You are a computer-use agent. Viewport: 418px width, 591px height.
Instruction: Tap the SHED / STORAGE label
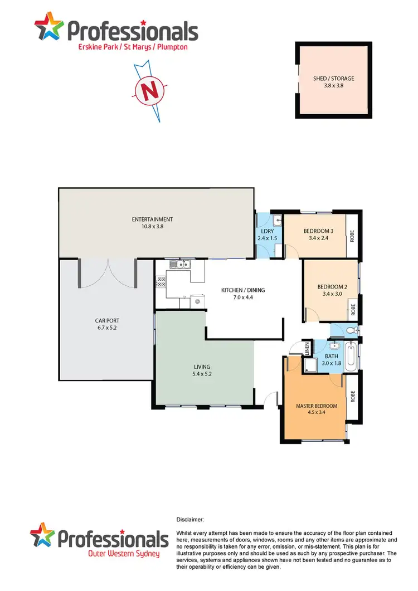click(x=333, y=79)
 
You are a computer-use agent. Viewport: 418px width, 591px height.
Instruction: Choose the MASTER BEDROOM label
click(x=316, y=406)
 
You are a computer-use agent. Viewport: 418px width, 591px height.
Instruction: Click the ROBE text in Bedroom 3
click(x=352, y=236)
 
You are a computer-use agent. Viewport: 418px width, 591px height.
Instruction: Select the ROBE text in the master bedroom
click(x=352, y=396)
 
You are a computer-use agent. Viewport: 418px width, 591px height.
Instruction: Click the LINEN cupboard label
click(x=307, y=349)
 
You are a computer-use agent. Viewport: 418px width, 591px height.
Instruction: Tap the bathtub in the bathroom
click(x=351, y=356)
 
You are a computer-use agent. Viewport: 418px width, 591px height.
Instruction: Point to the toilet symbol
click(x=349, y=331)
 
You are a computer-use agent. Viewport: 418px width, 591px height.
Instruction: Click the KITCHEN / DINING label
click(x=243, y=290)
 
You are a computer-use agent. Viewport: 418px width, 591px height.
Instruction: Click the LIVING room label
click(x=202, y=367)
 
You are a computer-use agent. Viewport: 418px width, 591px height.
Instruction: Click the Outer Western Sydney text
click(x=124, y=554)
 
